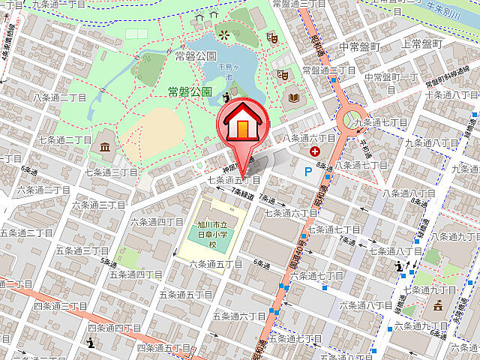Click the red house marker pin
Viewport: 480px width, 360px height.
tap(242, 125)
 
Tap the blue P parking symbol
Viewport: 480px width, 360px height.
tap(308, 172)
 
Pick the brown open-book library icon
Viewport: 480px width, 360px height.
tap(292, 97)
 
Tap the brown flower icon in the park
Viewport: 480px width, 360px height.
tap(223, 33)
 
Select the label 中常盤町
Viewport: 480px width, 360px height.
tap(360, 46)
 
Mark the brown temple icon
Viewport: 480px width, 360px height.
tap(437, 304)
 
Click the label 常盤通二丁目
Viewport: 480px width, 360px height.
tap(329, 70)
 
